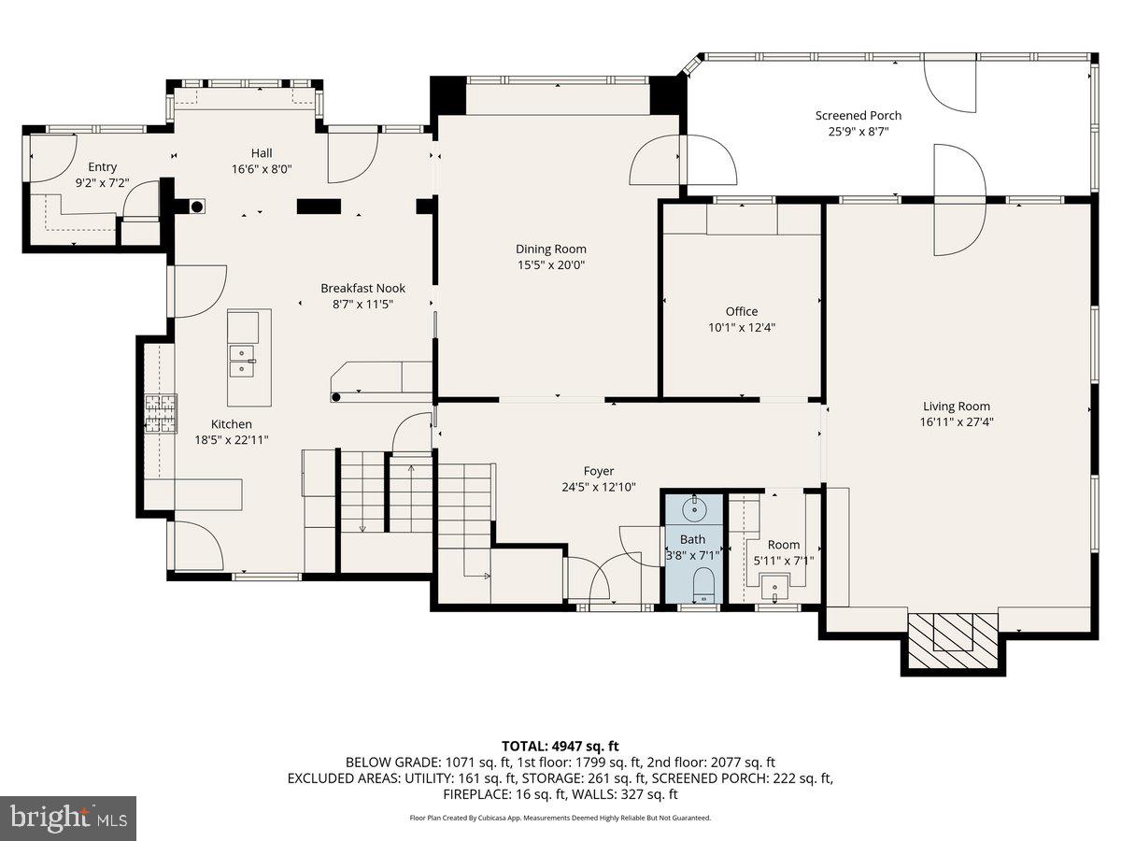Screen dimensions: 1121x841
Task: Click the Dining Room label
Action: click(550, 249)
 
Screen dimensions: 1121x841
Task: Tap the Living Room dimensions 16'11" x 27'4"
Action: click(956, 421)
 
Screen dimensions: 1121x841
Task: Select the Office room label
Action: click(742, 311)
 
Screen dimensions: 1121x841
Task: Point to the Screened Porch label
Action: click(858, 115)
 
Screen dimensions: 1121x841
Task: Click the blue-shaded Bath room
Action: click(693, 549)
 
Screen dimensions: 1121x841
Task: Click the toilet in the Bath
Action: click(704, 585)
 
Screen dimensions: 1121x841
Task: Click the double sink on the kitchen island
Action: click(242, 361)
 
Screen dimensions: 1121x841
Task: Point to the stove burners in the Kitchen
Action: click(162, 414)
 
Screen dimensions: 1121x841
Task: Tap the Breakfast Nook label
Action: click(362, 288)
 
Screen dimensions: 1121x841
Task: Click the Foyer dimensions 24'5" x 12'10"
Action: click(599, 487)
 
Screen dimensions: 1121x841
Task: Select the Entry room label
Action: click(102, 167)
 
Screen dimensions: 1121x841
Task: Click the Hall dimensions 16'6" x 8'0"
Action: click(262, 168)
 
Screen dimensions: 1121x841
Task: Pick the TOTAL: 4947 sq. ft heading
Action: click(560, 746)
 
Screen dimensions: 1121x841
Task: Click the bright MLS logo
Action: click(68, 819)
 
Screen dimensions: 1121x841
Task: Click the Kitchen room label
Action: click(232, 424)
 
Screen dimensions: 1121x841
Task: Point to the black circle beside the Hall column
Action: click(197, 207)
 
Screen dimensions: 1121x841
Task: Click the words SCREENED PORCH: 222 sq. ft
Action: click(742, 778)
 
